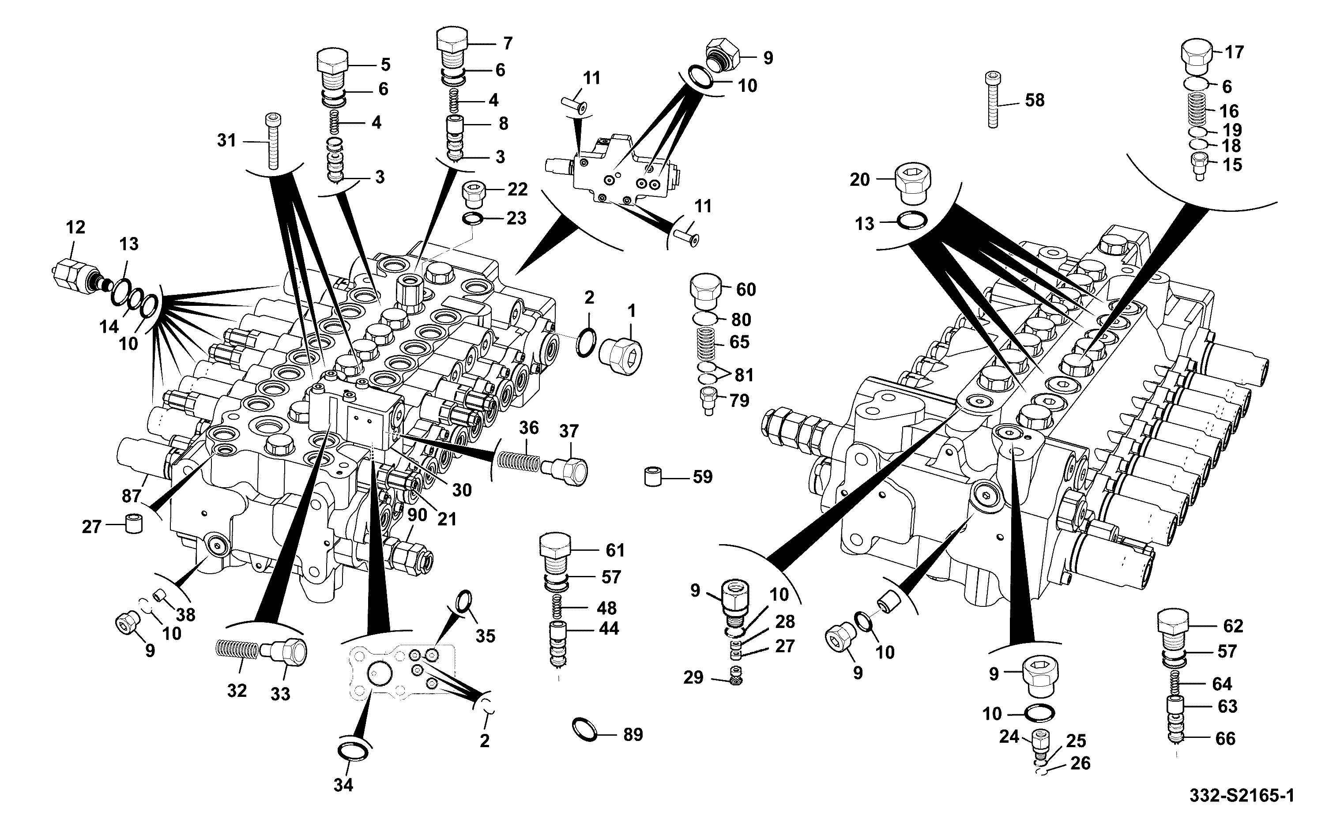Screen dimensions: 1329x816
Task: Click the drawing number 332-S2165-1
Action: [x=1242, y=796]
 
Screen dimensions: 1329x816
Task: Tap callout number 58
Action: [x=1035, y=100]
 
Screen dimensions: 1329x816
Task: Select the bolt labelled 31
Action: [x=274, y=141]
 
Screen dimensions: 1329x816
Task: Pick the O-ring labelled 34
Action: [x=354, y=751]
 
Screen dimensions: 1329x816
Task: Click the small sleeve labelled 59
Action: [x=653, y=478]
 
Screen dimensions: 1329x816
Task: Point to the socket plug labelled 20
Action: [x=913, y=184]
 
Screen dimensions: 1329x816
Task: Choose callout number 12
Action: [x=75, y=227]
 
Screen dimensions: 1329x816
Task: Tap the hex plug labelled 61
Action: [x=555, y=556]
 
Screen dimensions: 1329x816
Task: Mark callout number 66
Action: [x=1225, y=738]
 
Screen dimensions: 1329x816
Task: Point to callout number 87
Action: [x=131, y=496]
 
